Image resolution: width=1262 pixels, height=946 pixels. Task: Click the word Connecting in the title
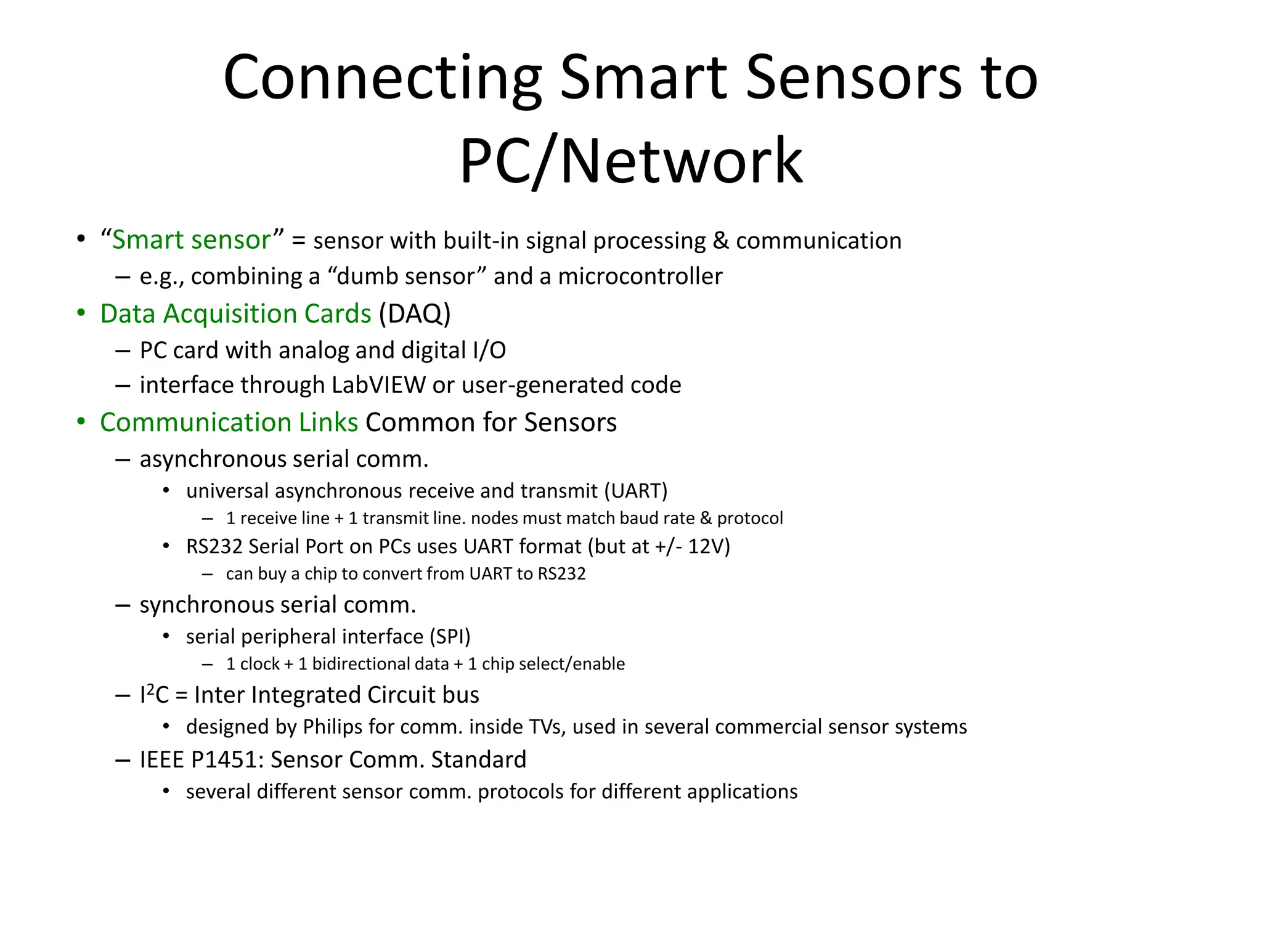coord(382,78)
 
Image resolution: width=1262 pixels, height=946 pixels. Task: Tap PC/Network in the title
coord(631,161)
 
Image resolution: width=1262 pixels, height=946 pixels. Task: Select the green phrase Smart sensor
coord(191,240)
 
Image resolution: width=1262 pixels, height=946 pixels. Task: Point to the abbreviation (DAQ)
coord(415,313)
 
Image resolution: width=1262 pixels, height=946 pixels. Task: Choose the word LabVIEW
coord(378,385)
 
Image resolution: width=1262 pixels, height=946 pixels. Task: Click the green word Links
coord(328,422)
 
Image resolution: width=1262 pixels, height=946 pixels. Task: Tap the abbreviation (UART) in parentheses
coord(635,491)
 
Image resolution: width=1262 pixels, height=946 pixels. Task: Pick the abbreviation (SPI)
coord(450,636)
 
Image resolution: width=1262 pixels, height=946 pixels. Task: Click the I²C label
coord(154,695)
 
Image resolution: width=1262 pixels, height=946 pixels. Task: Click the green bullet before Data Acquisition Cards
coord(81,313)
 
